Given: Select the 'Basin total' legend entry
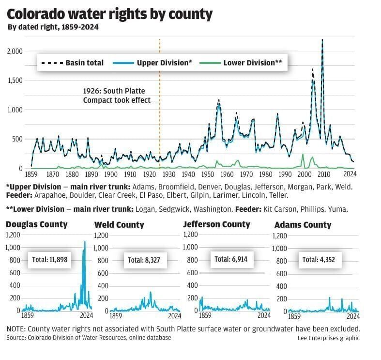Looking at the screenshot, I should click(x=71, y=63).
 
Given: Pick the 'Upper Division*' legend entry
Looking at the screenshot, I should click(x=152, y=63).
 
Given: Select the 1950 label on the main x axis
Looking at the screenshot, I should click(x=207, y=174).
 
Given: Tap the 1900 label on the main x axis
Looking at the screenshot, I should click(x=110, y=174).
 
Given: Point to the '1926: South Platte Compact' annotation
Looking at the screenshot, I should click(x=114, y=95).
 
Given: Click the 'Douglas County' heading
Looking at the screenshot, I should click(x=37, y=224).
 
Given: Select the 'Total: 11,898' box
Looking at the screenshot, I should click(x=49, y=259).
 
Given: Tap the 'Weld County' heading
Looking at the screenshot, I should click(x=119, y=225).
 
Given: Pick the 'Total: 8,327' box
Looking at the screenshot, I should click(x=144, y=260).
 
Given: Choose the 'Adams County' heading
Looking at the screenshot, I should click(x=303, y=225).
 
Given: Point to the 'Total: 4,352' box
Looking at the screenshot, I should click(x=319, y=259).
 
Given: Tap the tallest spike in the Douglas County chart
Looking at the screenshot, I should click(x=85, y=242).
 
